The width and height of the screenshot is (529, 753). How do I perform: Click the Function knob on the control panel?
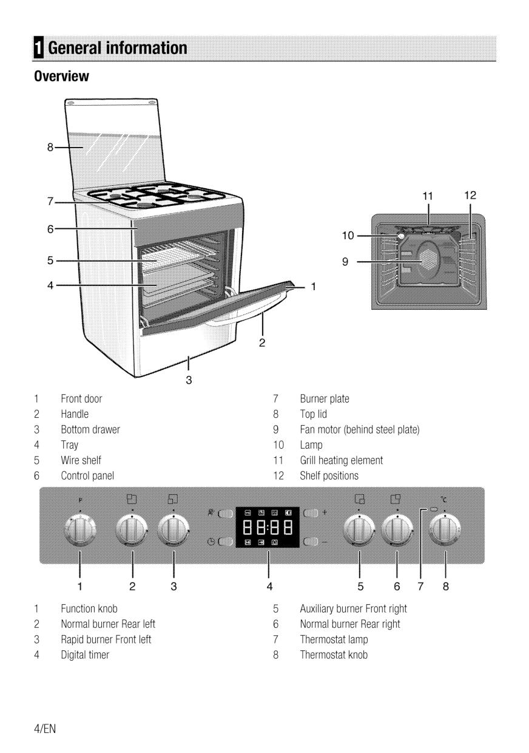[x=80, y=530]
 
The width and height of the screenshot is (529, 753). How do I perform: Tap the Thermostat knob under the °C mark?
[x=445, y=530]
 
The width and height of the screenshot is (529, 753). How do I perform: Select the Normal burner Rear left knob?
[x=132, y=530]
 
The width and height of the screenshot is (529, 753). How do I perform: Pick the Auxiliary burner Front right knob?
[x=359, y=530]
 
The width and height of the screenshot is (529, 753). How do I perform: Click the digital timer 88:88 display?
[x=268, y=526]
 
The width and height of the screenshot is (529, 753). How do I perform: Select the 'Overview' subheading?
[x=61, y=77]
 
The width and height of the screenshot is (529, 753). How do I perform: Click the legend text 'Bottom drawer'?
[x=90, y=429]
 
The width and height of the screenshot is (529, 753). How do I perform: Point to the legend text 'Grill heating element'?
[x=342, y=460]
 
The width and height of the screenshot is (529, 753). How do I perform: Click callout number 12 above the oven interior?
[x=470, y=195]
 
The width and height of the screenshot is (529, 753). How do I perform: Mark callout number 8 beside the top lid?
[x=51, y=146]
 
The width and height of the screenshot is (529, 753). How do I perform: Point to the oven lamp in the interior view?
[x=402, y=235]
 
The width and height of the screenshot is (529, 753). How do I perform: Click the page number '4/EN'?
[x=45, y=729]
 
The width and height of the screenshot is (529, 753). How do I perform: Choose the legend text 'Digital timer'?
[x=85, y=655]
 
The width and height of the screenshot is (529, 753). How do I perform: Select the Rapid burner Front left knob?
[x=174, y=530]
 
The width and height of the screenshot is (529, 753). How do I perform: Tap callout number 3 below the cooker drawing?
[x=189, y=381]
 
